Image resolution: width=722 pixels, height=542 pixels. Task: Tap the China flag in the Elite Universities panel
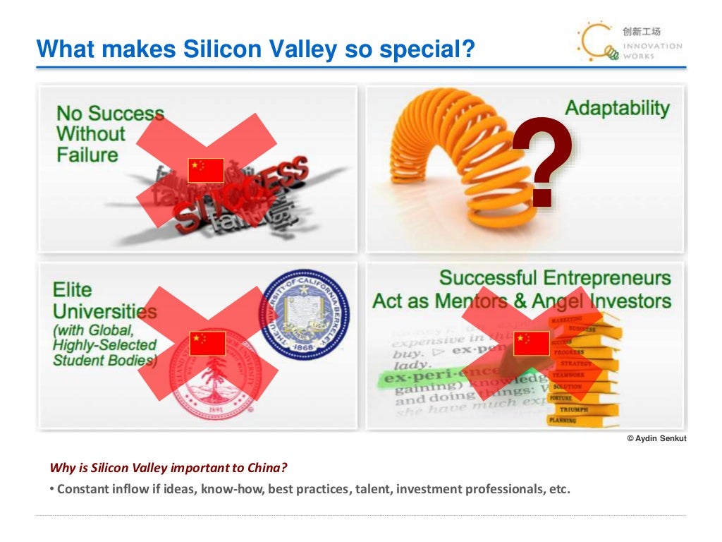[x=207, y=343]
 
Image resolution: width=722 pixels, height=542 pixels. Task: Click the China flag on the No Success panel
[x=206, y=170]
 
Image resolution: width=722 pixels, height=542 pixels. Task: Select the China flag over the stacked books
[x=531, y=343]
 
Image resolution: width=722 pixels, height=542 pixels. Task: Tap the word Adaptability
[x=617, y=109]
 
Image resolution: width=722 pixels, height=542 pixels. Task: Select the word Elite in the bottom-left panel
[x=71, y=290]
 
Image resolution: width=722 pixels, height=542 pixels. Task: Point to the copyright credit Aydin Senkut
[x=656, y=439]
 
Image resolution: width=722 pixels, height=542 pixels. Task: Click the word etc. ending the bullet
[x=558, y=489]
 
